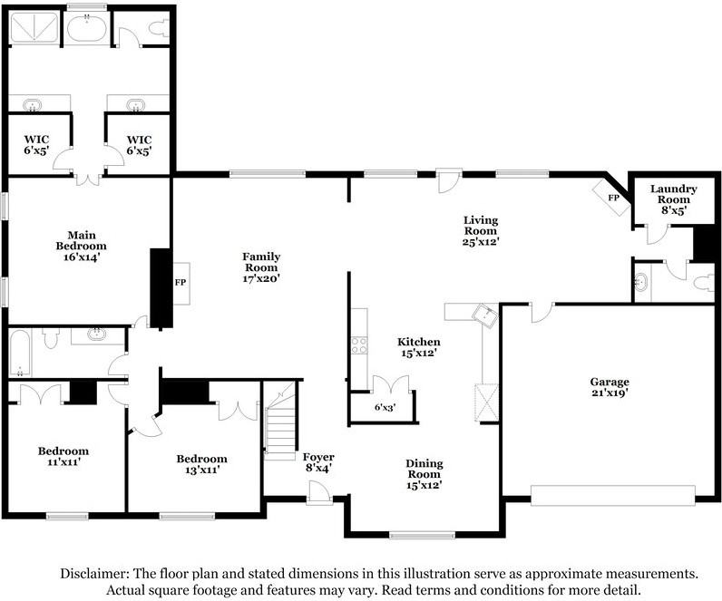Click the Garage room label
point(609,388)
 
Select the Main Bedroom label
point(81,245)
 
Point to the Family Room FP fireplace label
point(180,283)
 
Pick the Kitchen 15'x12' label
point(418,346)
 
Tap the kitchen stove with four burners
point(358,344)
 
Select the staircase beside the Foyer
point(279,419)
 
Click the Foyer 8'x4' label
point(318,462)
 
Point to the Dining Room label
point(423,474)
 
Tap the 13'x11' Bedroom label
point(201,464)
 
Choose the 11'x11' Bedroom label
point(63,457)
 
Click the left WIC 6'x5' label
point(36,144)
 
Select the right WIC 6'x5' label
point(138,144)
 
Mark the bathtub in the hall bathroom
point(20,353)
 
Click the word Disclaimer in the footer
point(95,574)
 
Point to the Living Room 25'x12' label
point(481,230)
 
